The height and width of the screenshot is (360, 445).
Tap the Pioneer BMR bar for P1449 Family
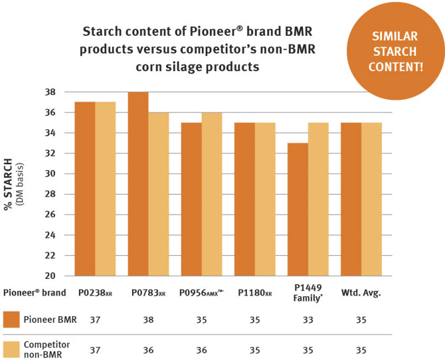click(298, 209)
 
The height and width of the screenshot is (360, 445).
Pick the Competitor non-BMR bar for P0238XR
click(105, 189)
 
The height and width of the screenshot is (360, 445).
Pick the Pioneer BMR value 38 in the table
click(147, 320)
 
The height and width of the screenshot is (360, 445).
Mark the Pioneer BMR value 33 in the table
click(307, 320)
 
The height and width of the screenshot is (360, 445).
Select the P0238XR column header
click(96, 293)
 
